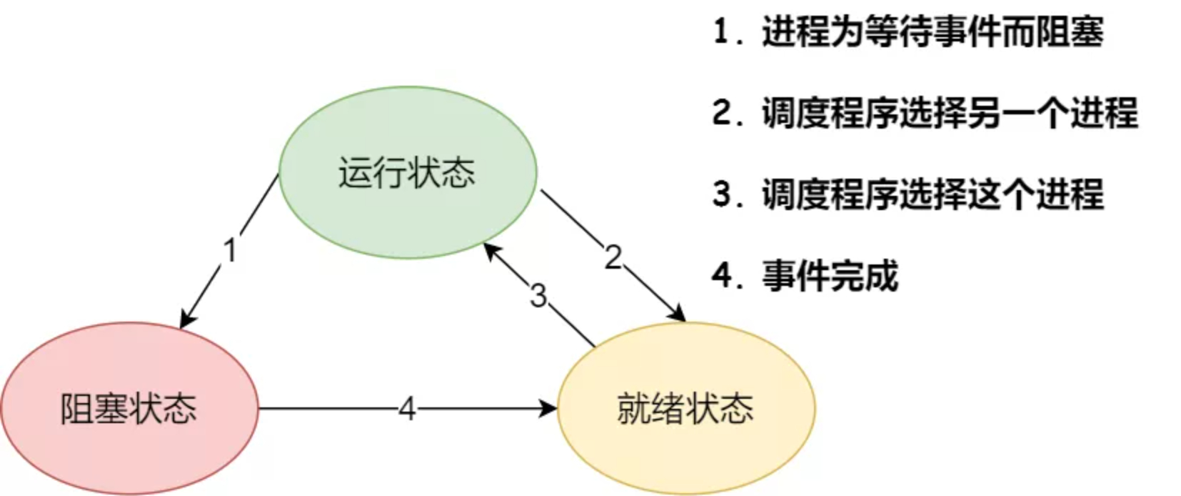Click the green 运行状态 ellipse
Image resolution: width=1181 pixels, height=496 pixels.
[x=407, y=172]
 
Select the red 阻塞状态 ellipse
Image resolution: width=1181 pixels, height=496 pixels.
[x=129, y=409]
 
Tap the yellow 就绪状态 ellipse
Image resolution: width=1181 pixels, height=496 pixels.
[x=685, y=409]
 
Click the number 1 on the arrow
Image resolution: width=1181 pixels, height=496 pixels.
[x=229, y=251]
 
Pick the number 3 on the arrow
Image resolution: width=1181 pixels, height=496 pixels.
[x=538, y=295]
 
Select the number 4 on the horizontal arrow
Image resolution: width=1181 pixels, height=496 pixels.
[x=407, y=409]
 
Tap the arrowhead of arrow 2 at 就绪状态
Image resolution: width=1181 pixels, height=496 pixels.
[x=678, y=314]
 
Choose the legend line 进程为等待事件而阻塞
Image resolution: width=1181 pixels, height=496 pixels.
[x=932, y=33]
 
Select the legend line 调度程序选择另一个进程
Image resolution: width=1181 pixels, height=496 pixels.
[x=950, y=113]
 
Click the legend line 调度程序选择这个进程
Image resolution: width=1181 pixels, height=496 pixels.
[x=932, y=194]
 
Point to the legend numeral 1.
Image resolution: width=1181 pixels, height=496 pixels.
[x=722, y=33]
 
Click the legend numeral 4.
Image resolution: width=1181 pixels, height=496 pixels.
[x=722, y=276]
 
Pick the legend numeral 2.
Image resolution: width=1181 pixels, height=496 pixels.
[x=722, y=113]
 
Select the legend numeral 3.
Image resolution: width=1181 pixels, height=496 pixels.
[x=722, y=194]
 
